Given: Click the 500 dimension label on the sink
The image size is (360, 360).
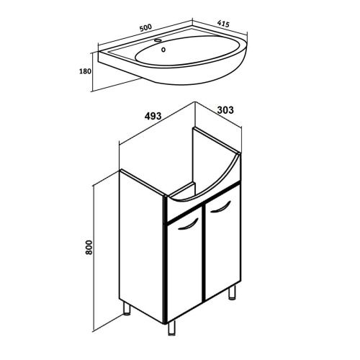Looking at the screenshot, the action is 145,27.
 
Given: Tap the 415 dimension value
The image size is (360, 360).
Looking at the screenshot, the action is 223,24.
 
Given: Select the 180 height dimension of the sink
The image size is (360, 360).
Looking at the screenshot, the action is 85,71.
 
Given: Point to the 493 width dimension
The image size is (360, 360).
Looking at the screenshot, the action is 153,116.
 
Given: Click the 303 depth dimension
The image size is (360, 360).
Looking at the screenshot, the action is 225,110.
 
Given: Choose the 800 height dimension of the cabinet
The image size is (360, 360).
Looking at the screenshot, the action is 89,247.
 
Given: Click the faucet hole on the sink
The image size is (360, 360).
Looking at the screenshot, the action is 158,40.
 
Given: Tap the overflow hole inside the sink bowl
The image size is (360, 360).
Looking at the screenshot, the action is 163,50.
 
